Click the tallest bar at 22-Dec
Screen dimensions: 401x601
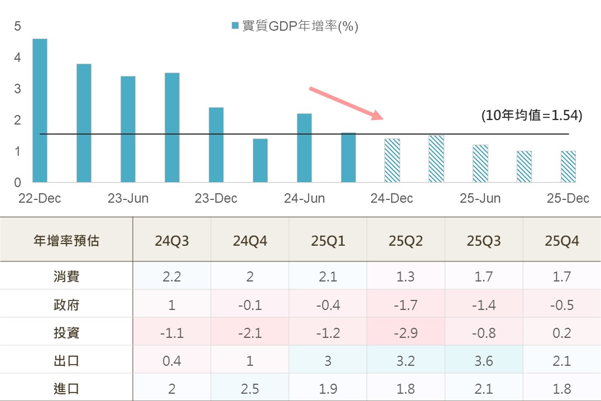pyautogui.click(x=40, y=110)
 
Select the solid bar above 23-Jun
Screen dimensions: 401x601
pyautogui.click(x=128, y=129)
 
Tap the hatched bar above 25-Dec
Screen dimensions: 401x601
pyautogui.click(x=568, y=166)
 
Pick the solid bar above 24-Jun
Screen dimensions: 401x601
pyautogui.click(x=304, y=147)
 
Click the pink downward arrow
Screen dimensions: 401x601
pyautogui.click(x=347, y=103)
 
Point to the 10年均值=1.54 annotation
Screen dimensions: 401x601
pyautogui.click(x=531, y=116)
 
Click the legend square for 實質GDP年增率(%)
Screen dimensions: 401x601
pyautogui.click(x=235, y=26)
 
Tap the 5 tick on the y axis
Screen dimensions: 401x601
pyautogui.click(x=18, y=26)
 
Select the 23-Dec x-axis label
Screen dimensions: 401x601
pyautogui.click(x=216, y=198)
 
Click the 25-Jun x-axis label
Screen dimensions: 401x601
pyautogui.click(x=480, y=198)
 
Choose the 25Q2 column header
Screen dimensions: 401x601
pyautogui.click(x=406, y=241)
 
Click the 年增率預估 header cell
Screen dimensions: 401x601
pyautogui.click(x=66, y=241)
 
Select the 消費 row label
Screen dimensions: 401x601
pyautogui.click(x=66, y=276)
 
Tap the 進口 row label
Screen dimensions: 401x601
pyautogui.click(x=66, y=388)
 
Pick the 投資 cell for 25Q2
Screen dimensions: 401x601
pyautogui.click(x=406, y=333)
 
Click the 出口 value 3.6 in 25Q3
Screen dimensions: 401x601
pyautogui.click(x=483, y=361)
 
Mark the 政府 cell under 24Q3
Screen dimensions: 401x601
pyautogui.click(x=172, y=305)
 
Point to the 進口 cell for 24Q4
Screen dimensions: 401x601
pyautogui.click(x=249, y=388)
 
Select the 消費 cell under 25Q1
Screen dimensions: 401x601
pyautogui.click(x=328, y=276)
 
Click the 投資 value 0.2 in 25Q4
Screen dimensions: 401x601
pyautogui.click(x=562, y=333)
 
